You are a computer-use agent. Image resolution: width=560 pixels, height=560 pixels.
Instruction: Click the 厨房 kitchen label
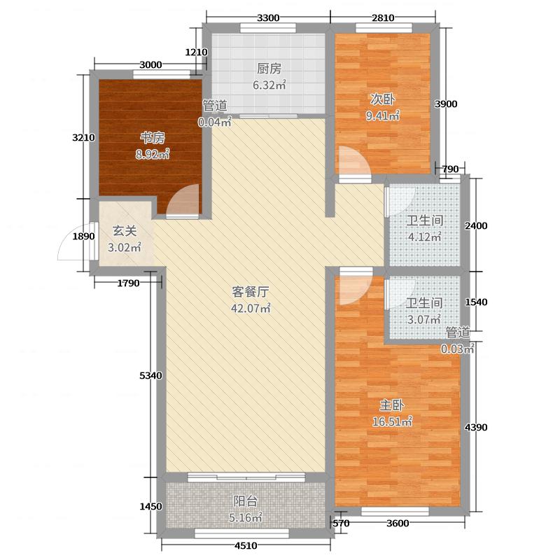tap(269, 69)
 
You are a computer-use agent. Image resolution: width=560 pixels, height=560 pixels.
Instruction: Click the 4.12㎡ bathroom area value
tap(425, 237)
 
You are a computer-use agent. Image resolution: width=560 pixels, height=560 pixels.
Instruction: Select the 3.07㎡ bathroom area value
tap(425, 320)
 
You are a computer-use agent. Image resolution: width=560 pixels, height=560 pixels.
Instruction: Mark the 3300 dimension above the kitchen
tap(268, 18)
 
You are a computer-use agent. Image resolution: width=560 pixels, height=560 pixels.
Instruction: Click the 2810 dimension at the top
tap(383, 18)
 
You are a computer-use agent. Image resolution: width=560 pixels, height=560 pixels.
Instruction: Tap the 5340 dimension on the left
tap(150, 376)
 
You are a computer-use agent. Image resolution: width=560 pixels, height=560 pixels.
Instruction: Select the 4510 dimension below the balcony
tap(246, 547)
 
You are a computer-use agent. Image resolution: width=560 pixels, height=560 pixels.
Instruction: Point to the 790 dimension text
tap(450, 169)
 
